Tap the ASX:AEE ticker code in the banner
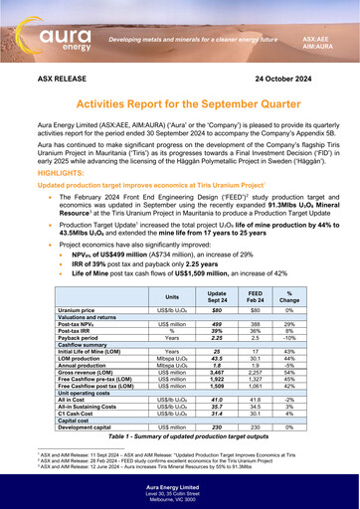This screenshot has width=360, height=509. pyautogui.click(x=317, y=34)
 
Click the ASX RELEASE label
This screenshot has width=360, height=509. pyautogui.click(x=64, y=76)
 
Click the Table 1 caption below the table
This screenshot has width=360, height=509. pyautogui.click(x=180, y=438)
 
